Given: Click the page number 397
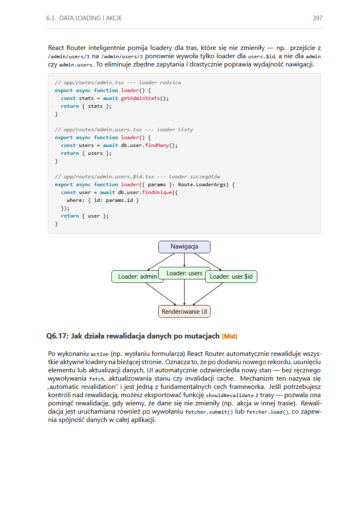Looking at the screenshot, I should [317, 18].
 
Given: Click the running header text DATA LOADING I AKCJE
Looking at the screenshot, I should [90, 18].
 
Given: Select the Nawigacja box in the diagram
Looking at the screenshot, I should [184, 247].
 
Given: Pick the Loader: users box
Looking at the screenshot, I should [185, 273].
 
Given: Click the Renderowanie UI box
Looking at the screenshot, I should [184, 311].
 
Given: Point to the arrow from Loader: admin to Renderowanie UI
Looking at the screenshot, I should [161, 294].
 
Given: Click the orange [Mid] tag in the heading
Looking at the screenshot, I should [230, 336].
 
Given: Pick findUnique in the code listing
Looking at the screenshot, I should [159, 192].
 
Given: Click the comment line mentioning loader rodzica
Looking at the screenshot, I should [118, 83].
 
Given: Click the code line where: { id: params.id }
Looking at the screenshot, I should [103, 200].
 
